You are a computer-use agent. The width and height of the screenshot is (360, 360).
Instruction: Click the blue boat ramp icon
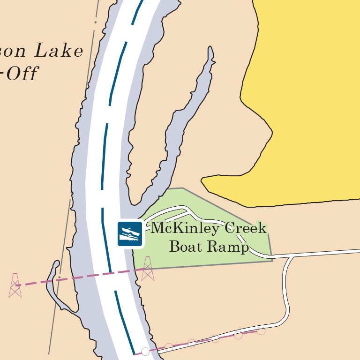tap(129, 233)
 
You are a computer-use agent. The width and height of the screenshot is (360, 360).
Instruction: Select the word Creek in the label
tap(246, 229)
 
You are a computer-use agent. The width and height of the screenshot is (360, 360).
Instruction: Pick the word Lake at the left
tap(59, 51)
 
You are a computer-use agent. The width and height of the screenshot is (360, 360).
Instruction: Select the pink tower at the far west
tap(15, 285)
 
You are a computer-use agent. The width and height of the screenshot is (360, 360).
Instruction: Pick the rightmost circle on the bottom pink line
tap(261, 331)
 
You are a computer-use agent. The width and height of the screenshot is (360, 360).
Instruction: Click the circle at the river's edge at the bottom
tap(145, 351)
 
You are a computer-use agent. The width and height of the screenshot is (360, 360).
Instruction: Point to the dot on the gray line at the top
tap(96, 22)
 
